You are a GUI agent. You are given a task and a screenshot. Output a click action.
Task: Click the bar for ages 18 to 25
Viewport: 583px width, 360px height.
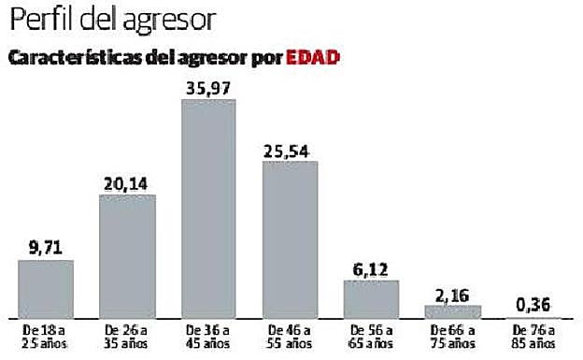(x=46, y=289)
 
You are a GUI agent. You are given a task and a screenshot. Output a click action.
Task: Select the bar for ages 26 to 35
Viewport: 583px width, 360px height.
(x=127, y=256)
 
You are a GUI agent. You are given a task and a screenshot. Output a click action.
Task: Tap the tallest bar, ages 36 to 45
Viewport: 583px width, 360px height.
(x=208, y=209)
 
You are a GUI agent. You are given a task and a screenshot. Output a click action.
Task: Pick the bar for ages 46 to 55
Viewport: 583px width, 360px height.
(x=290, y=239)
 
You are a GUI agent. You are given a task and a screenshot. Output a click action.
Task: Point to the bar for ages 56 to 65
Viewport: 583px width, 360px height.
(x=371, y=299)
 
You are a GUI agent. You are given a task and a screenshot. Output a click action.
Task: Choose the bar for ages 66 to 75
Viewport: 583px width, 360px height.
(x=452, y=311)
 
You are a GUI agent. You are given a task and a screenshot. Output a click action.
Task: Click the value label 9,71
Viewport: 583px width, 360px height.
(x=46, y=248)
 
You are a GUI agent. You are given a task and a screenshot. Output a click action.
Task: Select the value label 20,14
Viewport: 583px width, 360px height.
(x=127, y=183)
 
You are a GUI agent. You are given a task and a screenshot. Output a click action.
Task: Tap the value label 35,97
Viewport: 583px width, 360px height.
(x=208, y=87)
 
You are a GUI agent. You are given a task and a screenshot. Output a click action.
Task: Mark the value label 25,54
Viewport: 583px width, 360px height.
(x=290, y=150)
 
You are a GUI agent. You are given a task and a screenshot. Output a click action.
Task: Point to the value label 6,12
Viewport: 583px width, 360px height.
(x=371, y=269)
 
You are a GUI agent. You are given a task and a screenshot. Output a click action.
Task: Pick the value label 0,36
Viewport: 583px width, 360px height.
(x=533, y=305)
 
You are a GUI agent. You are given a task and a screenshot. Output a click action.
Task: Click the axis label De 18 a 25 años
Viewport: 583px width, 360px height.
(x=46, y=336)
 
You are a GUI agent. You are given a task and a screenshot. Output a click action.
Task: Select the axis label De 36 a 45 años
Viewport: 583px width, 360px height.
(x=208, y=336)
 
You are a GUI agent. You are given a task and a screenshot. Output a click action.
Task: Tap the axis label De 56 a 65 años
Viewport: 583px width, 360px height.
(x=371, y=336)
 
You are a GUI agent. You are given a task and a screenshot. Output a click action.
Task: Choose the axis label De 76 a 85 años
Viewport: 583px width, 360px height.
(x=533, y=336)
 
